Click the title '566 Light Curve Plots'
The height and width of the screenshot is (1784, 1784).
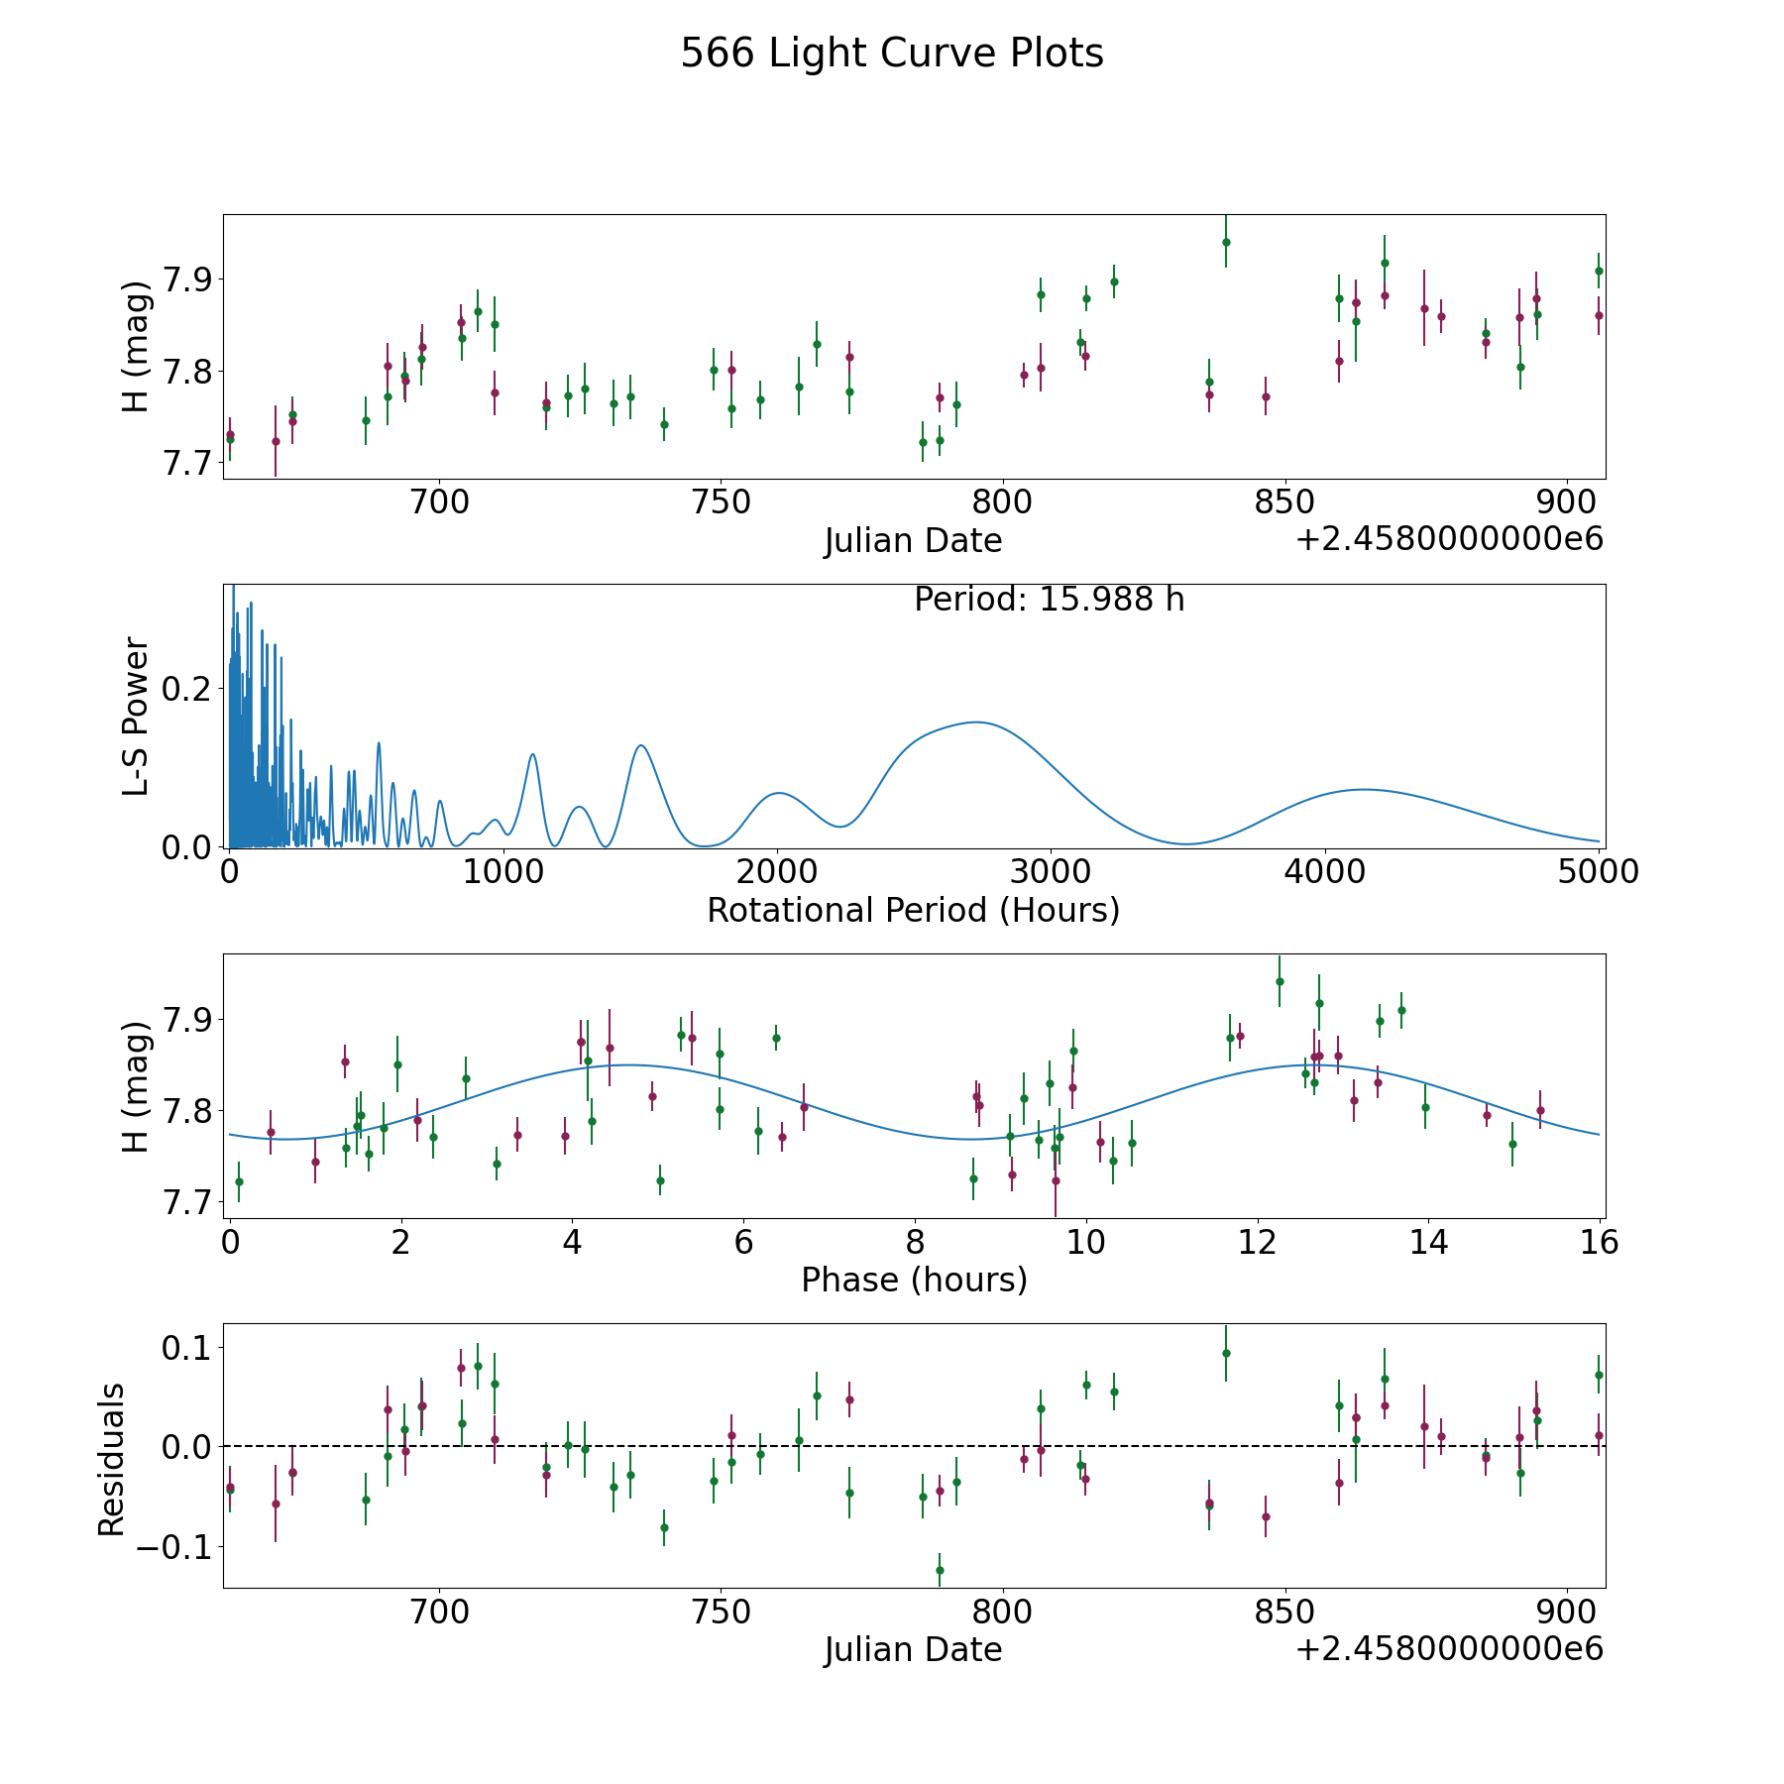(891, 54)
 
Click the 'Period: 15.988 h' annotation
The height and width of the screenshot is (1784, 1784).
(1049, 600)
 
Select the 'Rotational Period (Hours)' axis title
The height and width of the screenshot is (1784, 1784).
(913, 910)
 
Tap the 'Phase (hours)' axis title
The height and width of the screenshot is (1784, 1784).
(914, 1280)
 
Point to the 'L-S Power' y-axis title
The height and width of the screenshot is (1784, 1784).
(137, 716)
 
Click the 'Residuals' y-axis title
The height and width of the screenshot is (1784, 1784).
(112, 1459)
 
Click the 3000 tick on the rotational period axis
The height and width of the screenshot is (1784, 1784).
(1050, 872)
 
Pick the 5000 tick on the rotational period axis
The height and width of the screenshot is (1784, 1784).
(1598, 872)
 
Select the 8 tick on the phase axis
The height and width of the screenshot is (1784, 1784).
(915, 1242)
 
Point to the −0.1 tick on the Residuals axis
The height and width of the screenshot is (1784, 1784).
(170, 1547)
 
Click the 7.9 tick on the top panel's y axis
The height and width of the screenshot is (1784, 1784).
(188, 279)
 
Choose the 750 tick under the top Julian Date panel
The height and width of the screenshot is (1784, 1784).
(721, 503)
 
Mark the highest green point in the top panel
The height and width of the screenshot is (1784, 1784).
(1226, 242)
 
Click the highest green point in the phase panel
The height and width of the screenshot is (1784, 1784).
(1280, 981)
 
